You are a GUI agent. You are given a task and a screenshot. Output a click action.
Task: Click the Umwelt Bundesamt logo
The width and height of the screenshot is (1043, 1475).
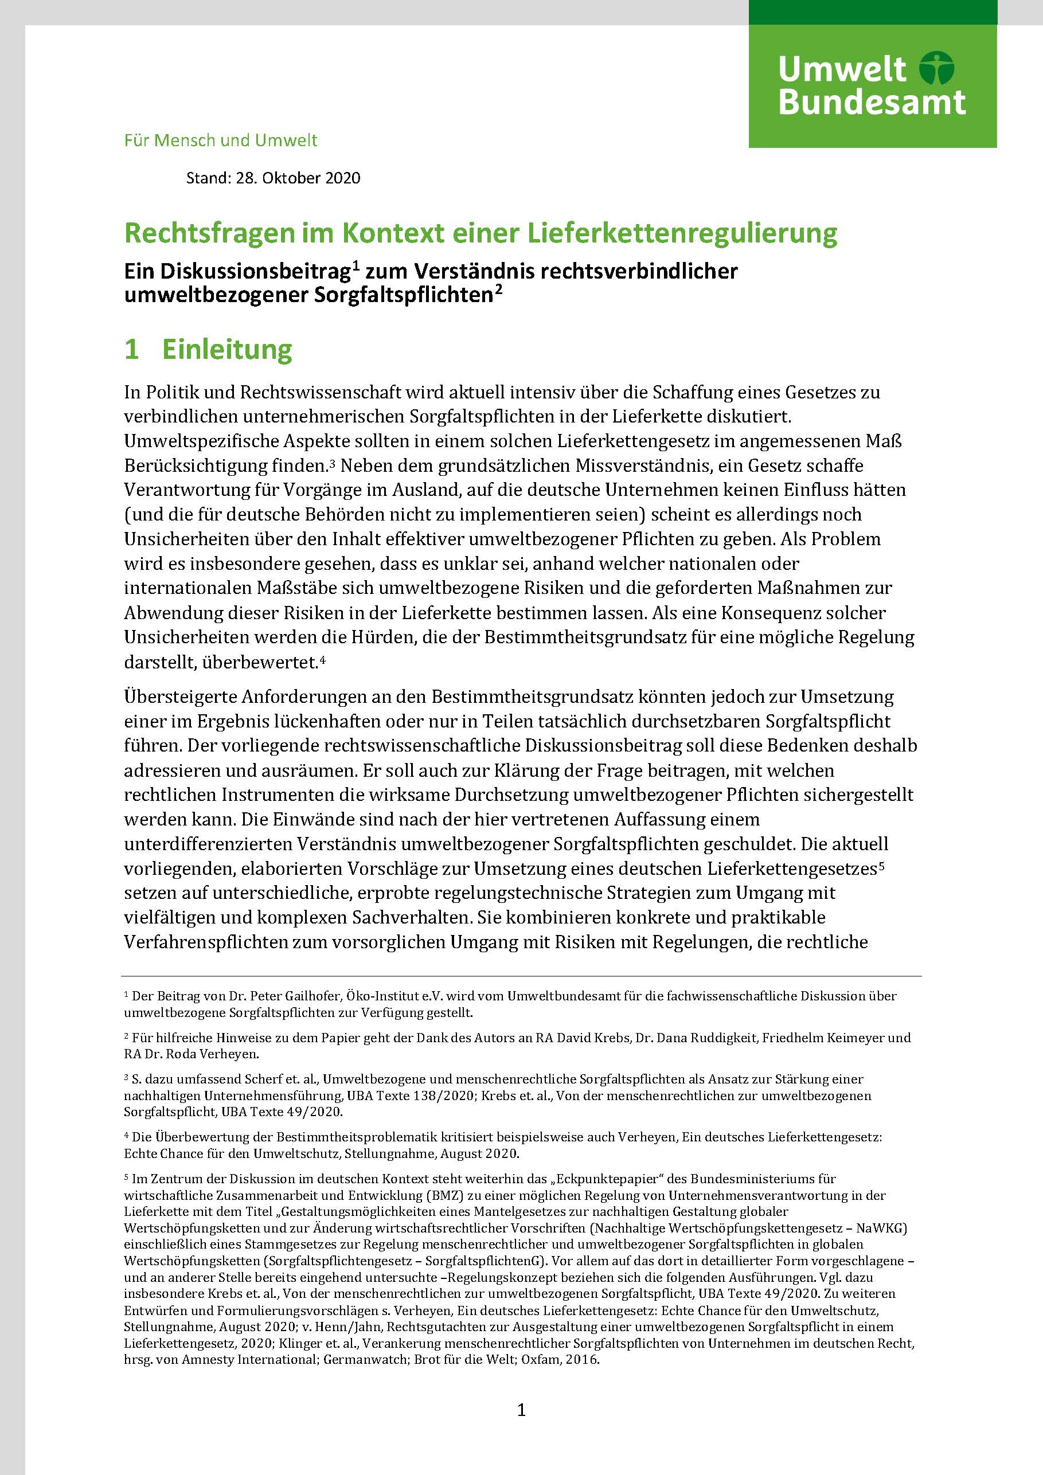click(872, 85)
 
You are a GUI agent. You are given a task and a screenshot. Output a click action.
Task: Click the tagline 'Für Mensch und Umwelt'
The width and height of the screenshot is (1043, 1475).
click(220, 140)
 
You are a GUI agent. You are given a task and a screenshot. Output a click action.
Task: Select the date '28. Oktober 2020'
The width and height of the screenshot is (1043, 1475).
click(298, 177)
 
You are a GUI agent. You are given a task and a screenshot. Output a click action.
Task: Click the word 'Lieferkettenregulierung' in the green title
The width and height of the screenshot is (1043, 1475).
click(682, 233)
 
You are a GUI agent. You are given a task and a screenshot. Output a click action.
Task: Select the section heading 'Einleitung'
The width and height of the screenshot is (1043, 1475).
click(227, 349)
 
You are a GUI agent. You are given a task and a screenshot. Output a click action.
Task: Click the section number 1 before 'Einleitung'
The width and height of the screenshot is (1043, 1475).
click(132, 349)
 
